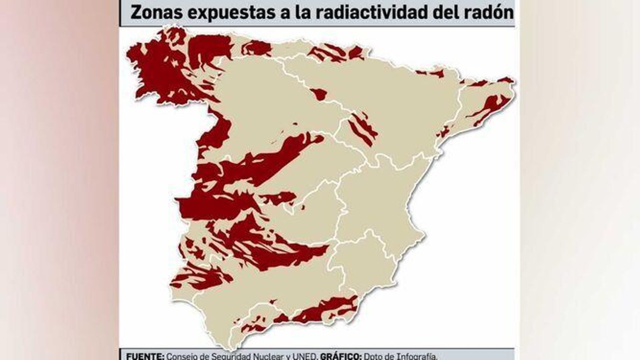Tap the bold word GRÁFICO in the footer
[341, 356]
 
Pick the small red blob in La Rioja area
[319, 94]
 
